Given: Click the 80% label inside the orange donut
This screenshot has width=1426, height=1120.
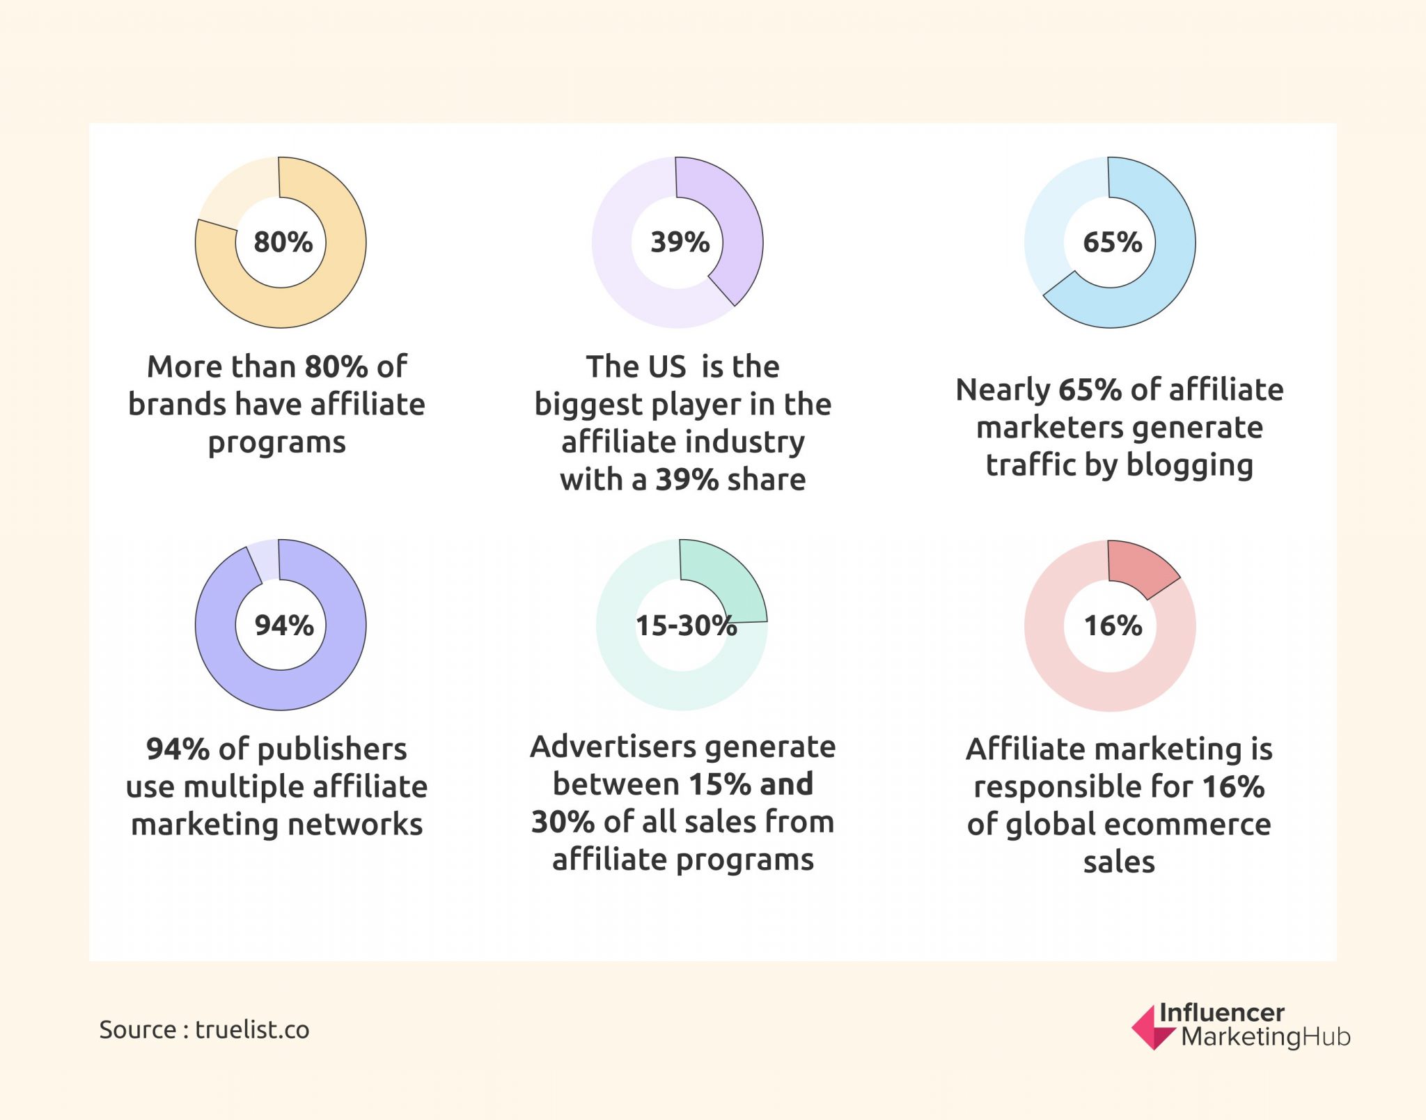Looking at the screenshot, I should (x=283, y=242).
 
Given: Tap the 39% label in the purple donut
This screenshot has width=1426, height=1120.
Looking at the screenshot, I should (x=680, y=242).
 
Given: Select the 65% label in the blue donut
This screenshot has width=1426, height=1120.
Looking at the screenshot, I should (x=1112, y=242).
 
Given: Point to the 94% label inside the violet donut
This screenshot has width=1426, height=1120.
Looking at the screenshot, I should (x=283, y=625).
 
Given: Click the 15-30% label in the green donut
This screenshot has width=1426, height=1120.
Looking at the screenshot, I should (x=685, y=625).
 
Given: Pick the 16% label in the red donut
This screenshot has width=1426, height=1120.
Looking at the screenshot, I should (x=1113, y=625).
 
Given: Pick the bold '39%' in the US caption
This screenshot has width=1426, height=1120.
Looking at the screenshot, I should (x=687, y=480).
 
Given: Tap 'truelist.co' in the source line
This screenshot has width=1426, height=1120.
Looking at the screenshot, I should (x=252, y=1029).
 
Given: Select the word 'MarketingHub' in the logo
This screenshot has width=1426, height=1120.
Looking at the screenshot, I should (x=1265, y=1037).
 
